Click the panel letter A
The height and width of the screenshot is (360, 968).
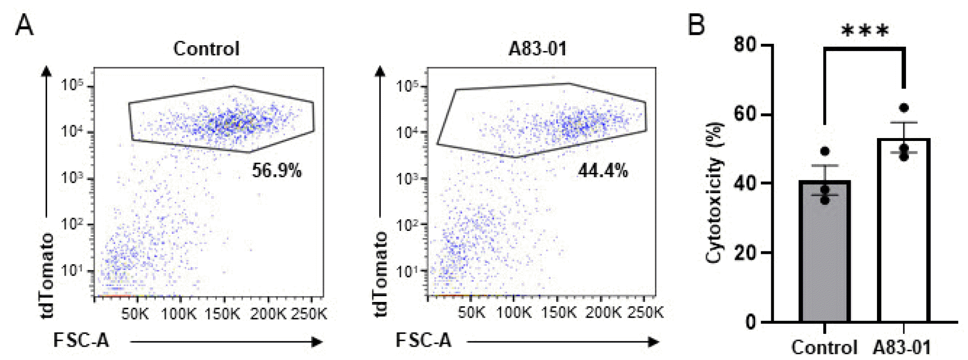coord(24,25)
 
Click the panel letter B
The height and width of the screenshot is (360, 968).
coord(696,25)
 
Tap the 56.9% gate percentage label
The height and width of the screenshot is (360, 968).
coord(276,170)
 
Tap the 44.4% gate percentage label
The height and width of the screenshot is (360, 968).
coord(603,170)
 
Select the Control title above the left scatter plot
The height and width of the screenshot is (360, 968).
coord(206,49)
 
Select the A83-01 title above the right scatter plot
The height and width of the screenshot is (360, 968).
coord(537,49)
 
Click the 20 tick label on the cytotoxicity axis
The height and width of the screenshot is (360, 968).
coord(745,253)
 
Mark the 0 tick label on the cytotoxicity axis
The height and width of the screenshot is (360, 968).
coord(751,322)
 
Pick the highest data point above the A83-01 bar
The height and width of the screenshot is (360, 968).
coord(904,108)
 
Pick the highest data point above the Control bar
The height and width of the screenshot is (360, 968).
coord(825,151)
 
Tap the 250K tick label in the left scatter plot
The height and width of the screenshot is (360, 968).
coord(309,314)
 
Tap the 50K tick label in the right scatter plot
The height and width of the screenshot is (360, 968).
coord(471,313)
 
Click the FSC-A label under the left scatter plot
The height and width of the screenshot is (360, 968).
coord(81,340)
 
